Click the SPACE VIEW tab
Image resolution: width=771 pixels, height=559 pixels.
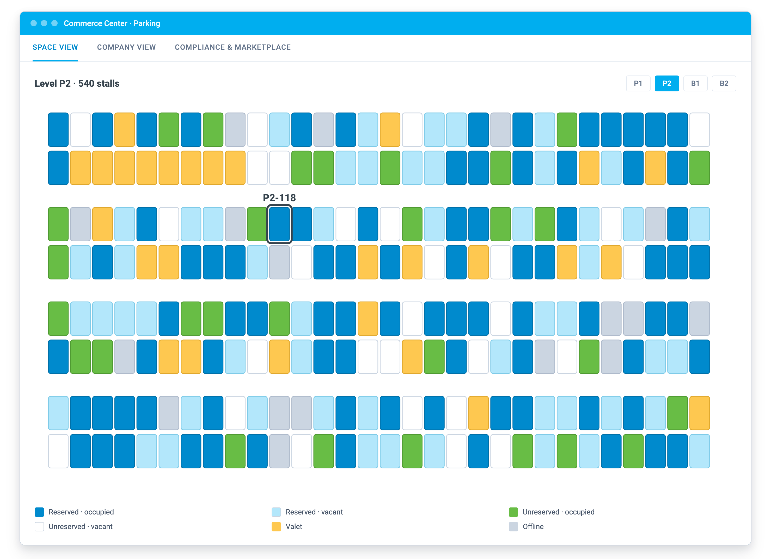point(55,47)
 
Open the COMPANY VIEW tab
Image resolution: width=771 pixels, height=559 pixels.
point(126,47)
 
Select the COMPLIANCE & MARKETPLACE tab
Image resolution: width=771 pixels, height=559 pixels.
point(233,47)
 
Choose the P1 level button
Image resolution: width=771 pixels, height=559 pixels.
point(638,84)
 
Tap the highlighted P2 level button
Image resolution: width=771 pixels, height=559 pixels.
point(667,84)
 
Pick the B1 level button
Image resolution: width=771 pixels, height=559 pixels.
point(695,84)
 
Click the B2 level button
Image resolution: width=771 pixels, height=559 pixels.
point(724,84)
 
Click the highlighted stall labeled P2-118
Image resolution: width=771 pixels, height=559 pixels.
point(279,224)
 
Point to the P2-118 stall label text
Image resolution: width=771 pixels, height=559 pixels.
point(279,198)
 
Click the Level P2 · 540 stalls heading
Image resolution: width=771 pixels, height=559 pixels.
point(77,84)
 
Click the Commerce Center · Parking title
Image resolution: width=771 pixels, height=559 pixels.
point(112,23)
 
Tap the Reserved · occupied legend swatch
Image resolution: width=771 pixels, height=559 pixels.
point(39,512)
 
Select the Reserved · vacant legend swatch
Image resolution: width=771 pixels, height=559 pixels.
point(276,512)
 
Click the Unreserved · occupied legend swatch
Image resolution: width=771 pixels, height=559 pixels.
point(513,512)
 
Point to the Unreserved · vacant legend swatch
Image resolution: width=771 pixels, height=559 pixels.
point(39,527)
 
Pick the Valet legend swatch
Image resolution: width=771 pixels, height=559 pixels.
point(276,527)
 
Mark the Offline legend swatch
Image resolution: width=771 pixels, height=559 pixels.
point(513,527)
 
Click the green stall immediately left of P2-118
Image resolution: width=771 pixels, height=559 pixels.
point(257,224)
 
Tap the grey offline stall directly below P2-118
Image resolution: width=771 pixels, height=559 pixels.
point(279,262)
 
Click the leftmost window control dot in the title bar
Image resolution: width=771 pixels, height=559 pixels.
point(34,23)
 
